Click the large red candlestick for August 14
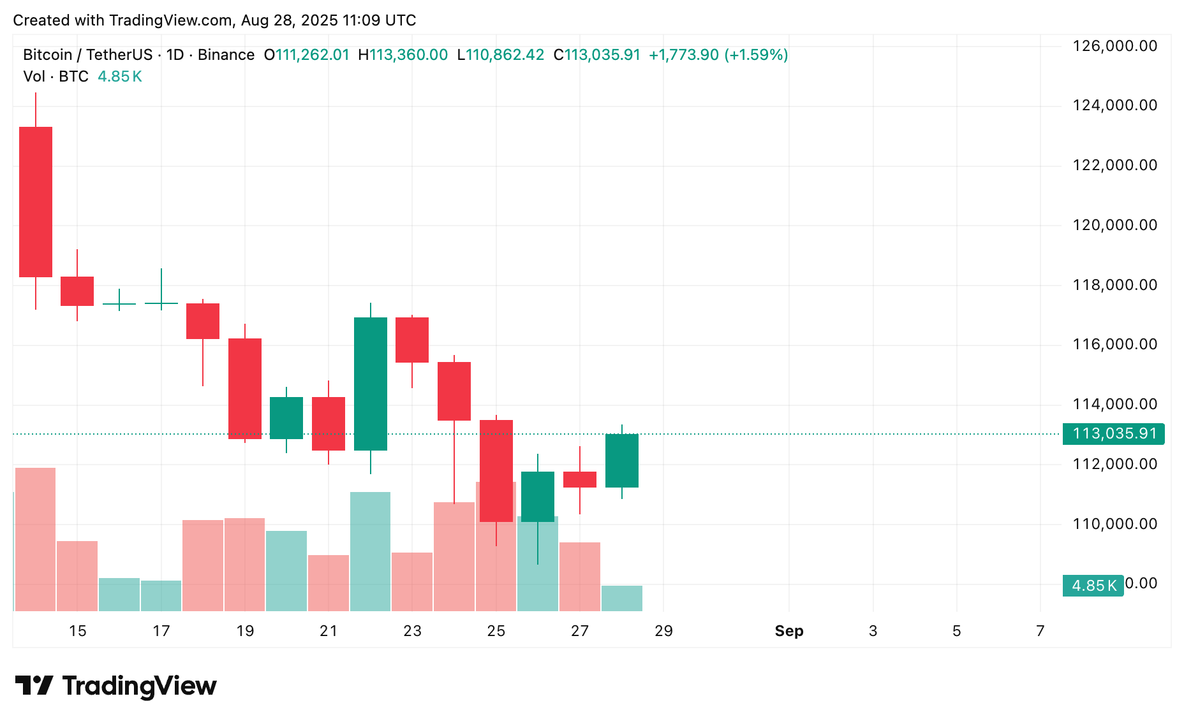click(36, 202)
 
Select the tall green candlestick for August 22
click(371, 384)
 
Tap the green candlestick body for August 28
click(622, 461)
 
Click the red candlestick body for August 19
click(245, 389)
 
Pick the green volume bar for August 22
click(371, 551)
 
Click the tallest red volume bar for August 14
click(35, 539)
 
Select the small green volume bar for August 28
click(622, 598)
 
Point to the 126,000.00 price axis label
click(1114, 46)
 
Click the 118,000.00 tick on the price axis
click(1114, 285)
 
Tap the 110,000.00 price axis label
click(1114, 524)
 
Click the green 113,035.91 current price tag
click(1114, 434)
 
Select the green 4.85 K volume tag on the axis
click(1093, 586)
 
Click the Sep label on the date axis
click(789, 631)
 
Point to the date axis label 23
click(412, 631)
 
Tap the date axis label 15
click(78, 631)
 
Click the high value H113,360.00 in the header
click(403, 55)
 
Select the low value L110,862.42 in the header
click(501, 55)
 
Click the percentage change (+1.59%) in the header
click(756, 55)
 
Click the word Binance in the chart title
click(226, 55)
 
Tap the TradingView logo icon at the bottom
click(34, 686)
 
